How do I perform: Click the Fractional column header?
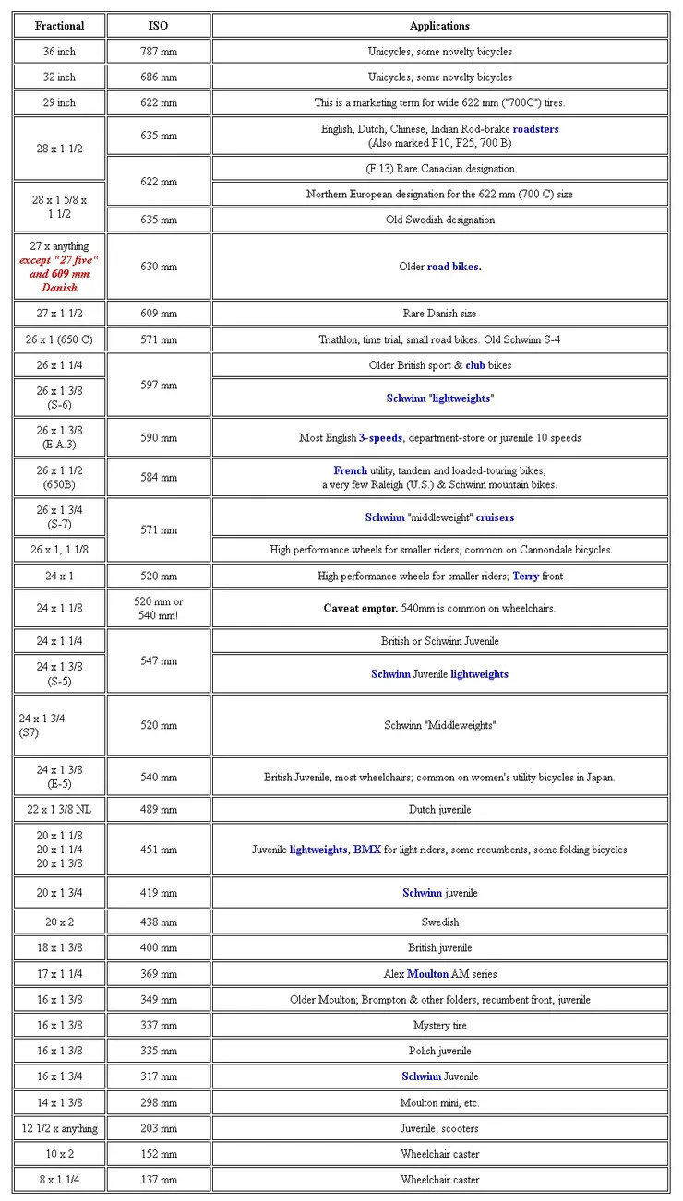(x=59, y=26)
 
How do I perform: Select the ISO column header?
(x=158, y=26)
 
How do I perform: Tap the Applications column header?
(x=439, y=26)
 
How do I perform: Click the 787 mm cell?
(x=158, y=52)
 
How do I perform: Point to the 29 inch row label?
(x=59, y=102)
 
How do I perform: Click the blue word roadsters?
(x=535, y=129)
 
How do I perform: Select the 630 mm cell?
(x=158, y=267)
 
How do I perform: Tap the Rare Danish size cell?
(x=439, y=314)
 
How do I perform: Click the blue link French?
(x=351, y=470)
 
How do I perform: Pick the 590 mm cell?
(x=158, y=437)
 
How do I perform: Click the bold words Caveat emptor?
(x=358, y=609)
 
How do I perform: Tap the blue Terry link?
(x=525, y=577)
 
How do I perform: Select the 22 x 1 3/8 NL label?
(x=59, y=810)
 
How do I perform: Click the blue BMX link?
(x=366, y=850)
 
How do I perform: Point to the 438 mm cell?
(x=158, y=922)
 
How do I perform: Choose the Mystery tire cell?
(x=439, y=1026)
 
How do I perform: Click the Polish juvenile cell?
(x=439, y=1052)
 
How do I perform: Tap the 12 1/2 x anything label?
(x=59, y=1128)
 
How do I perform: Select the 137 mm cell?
(x=158, y=1180)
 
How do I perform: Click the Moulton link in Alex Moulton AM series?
(x=427, y=974)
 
